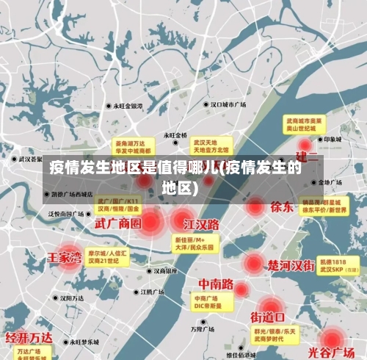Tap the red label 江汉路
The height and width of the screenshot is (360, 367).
(202, 223)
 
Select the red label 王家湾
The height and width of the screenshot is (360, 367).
(64, 257)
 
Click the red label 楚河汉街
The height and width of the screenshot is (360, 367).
(291, 264)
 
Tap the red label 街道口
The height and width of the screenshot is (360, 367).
(268, 317)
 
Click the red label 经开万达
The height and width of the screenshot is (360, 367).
(29, 337)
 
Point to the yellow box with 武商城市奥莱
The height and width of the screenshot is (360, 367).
(304, 123)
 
